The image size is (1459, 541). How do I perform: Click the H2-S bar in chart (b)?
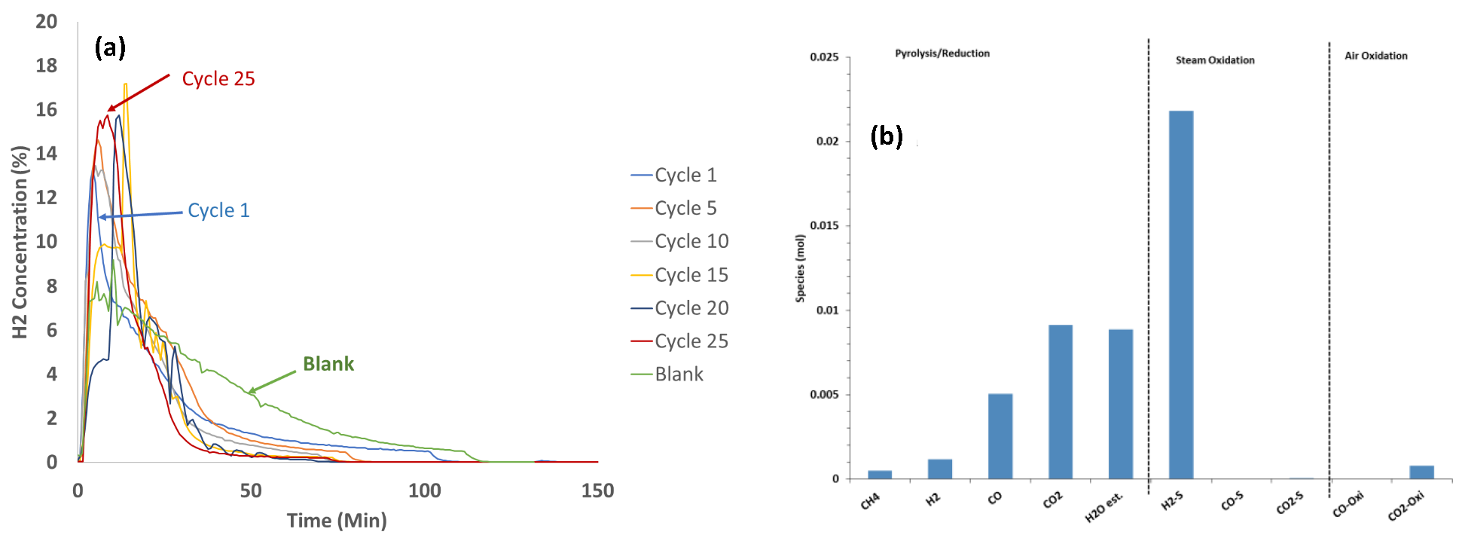(x=1180, y=295)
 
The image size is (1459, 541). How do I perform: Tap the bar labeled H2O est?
(x=1120, y=404)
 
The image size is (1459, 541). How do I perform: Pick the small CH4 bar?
(x=879, y=475)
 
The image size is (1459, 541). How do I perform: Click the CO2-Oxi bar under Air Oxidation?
(x=1421, y=472)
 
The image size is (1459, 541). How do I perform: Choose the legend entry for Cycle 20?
(x=691, y=308)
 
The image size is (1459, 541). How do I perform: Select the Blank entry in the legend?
(x=678, y=374)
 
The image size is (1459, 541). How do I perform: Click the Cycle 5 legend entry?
(x=685, y=208)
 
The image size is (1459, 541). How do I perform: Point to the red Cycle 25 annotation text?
(x=218, y=78)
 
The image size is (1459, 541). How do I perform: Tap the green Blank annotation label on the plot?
(x=328, y=364)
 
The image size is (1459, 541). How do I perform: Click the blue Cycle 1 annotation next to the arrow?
(x=218, y=210)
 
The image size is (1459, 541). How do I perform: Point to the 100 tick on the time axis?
(x=424, y=491)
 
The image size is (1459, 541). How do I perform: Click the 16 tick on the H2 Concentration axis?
(x=47, y=110)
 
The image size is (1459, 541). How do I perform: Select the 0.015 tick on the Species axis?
(x=824, y=226)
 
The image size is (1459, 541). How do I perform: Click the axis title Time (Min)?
(x=337, y=521)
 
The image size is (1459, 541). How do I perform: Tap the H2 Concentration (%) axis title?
(x=20, y=242)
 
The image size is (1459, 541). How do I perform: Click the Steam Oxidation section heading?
(x=1214, y=60)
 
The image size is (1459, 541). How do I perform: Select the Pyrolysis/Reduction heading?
(x=942, y=53)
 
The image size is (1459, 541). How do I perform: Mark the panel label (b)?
(x=886, y=136)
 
